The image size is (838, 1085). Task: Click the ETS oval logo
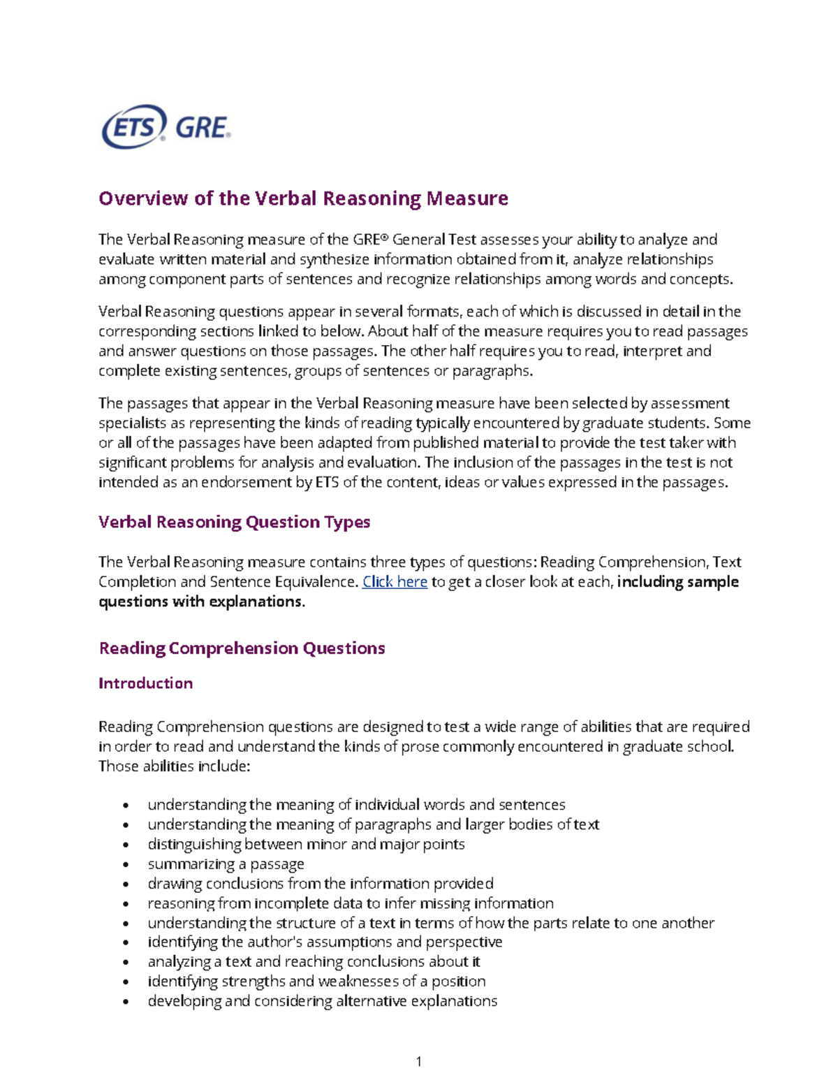[x=133, y=127]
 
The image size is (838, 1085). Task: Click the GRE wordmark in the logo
[x=203, y=128]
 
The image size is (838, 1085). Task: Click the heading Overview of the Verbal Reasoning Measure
[x=303, y=198]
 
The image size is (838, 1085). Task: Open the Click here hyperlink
[x=395, y=581]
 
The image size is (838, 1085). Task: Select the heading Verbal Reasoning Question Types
[x=234, y=522]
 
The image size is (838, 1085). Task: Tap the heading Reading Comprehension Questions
[x=242, y=648]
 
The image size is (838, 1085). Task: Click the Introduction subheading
[x=145, y=683]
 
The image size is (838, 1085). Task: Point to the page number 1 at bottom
[x=418, y=1061]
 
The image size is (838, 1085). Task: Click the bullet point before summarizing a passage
[x=126, y=864]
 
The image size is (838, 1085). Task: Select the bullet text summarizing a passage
[x=226, y=864]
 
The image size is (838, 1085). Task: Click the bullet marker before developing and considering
[x=126, y=1001]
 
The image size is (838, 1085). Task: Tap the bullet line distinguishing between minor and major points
[x=306, y=844]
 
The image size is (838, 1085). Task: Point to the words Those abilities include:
[x=174, y=766]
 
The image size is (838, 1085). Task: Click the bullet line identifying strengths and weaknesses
[x=316, y=981]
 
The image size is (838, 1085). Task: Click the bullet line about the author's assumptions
[x=325, y=942]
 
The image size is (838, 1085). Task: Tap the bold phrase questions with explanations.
[x=201, y=601]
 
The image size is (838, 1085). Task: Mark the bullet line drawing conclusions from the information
[x=320, y=883]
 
